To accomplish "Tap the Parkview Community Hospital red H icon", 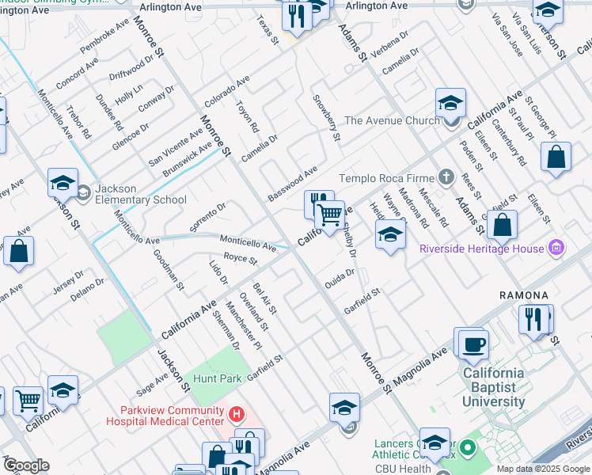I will coord(235,414).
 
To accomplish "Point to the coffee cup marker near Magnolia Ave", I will coord(473,344).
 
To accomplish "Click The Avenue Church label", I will coord(391,120).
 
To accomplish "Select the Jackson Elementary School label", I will coord(141,195).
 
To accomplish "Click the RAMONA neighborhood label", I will coord(524,295).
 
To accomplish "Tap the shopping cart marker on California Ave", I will coord(329,214).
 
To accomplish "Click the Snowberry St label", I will coord(326,119).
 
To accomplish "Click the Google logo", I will coord(25,465).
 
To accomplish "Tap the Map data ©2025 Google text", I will coord(543,469).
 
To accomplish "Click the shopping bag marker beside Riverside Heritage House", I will coord(502,226).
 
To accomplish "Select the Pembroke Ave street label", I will coord(104,37).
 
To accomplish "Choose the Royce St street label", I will coord(241,259).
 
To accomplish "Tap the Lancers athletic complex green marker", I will coord(467,450).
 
